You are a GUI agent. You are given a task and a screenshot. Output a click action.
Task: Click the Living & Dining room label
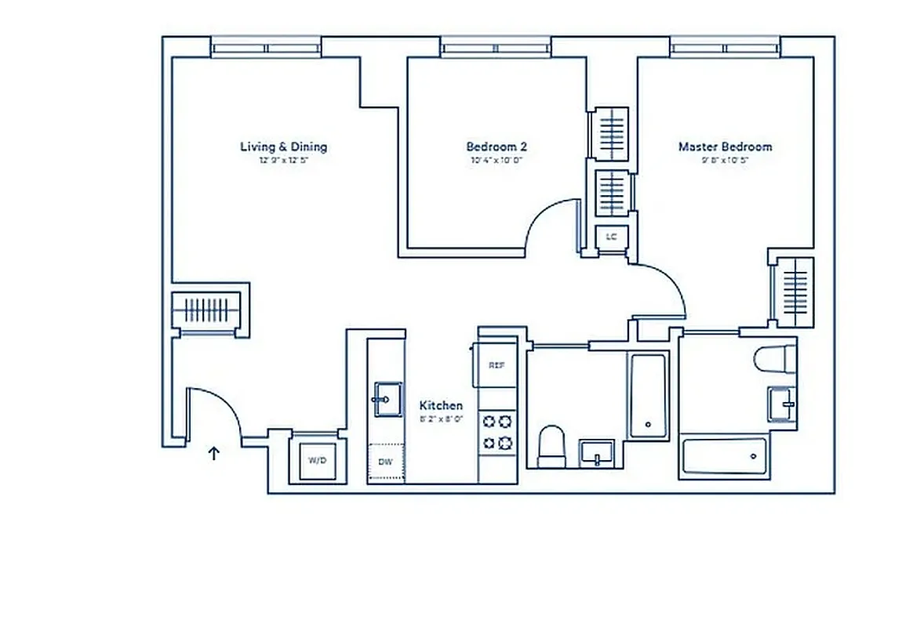point(283,147)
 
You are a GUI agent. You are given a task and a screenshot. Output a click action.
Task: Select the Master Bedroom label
point(725,147)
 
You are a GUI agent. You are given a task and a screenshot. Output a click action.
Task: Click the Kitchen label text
point(441,405)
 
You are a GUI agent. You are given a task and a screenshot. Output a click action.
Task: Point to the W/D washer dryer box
point(317,460)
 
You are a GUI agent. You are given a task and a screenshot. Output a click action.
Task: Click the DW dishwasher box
point(386,462)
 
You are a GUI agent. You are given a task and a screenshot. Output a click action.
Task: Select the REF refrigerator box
point(496,365)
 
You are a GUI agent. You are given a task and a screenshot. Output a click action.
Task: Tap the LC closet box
point(611,235)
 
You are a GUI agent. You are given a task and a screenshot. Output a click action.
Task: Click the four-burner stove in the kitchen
point(497,432)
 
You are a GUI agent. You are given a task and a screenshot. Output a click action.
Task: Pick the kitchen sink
point(386,399)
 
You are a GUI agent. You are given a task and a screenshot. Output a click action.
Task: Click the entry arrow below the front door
point(213,452)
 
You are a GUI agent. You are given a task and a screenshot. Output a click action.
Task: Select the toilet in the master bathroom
point(775,360)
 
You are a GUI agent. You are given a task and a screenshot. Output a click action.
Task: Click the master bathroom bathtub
point(723,455)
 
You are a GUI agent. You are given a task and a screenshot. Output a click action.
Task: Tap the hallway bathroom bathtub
point(647,396)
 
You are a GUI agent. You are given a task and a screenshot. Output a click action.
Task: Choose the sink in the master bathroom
point(781,404)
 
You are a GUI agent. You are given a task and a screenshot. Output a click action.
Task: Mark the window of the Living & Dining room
point(267,49)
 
